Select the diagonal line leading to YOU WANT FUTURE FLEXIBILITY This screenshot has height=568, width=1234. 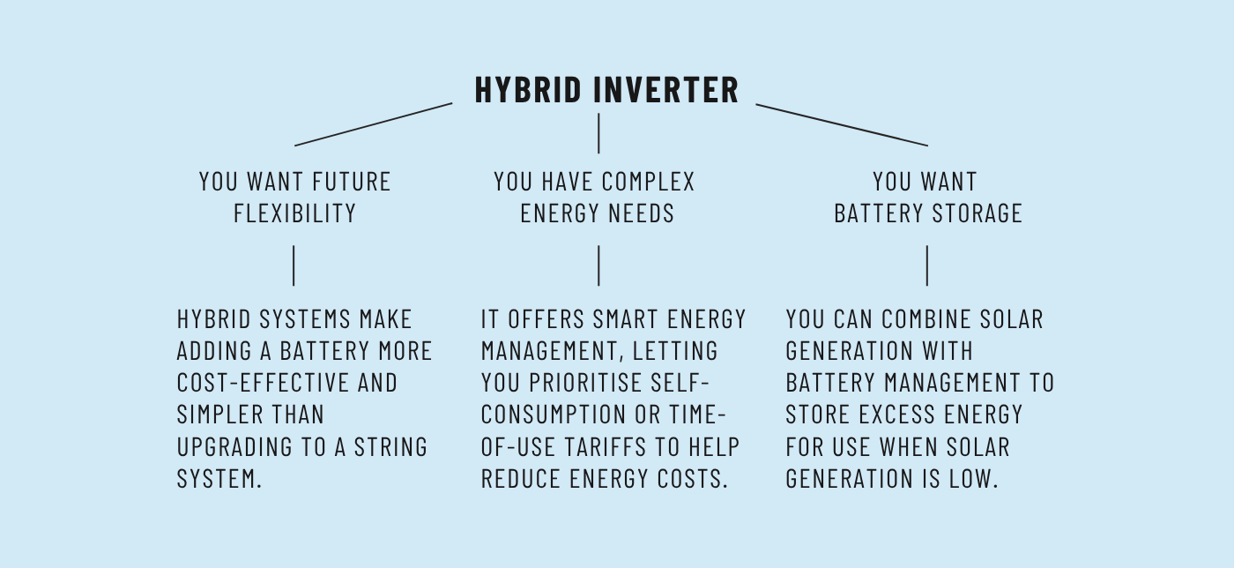(x=373, y=124)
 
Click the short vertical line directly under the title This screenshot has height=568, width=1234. (x=598, y=133)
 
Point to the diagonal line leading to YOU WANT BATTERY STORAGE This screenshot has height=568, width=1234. (x=842, y=124)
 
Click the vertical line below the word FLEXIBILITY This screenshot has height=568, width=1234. (x=294, y=265)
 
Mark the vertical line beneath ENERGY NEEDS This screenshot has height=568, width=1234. (x=598, y=265)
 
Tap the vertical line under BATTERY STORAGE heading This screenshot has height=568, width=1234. (x=927, y=265)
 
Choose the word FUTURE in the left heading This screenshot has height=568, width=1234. (x=353, y=182)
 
